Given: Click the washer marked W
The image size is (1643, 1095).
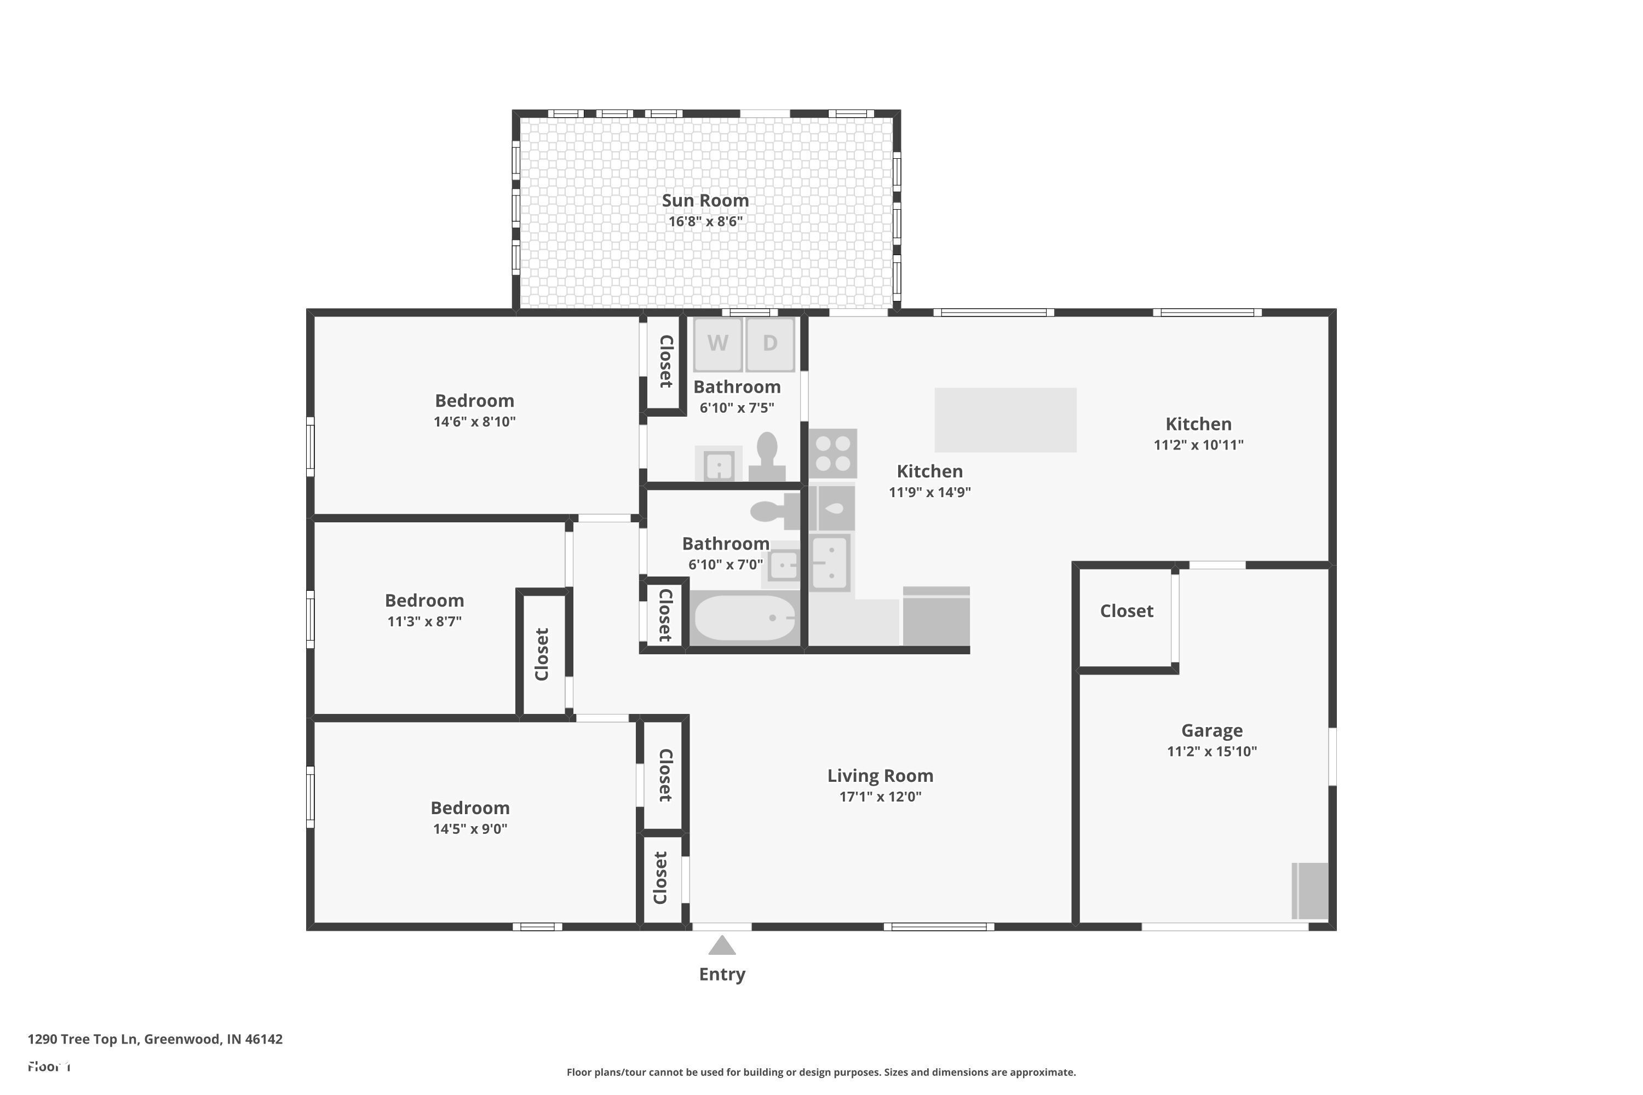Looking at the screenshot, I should click(717, 344).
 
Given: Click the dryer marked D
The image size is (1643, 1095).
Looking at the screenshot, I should click(770, 344).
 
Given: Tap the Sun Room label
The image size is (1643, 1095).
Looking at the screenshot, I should click(705, 200).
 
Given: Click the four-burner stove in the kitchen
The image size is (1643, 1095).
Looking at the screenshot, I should click(832, 453).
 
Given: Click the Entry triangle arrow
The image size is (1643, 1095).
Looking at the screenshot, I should click(722, 946).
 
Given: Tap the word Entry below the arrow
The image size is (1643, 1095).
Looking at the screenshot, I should click(722, 974).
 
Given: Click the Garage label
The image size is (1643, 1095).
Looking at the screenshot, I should click(1211, 730).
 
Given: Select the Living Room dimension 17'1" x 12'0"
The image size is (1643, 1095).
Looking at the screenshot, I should click(880, 797).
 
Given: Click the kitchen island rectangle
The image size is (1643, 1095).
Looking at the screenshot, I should click(1005, 420).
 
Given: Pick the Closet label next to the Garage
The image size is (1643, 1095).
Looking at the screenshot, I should click(1126, 611).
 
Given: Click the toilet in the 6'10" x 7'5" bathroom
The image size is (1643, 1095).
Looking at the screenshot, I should click(767, 457).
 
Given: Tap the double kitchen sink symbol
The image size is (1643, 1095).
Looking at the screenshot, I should click(831, 562).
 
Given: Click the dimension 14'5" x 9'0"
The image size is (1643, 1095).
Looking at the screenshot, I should click(469, 829).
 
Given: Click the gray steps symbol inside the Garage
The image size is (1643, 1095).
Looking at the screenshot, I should click(1310, 891).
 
